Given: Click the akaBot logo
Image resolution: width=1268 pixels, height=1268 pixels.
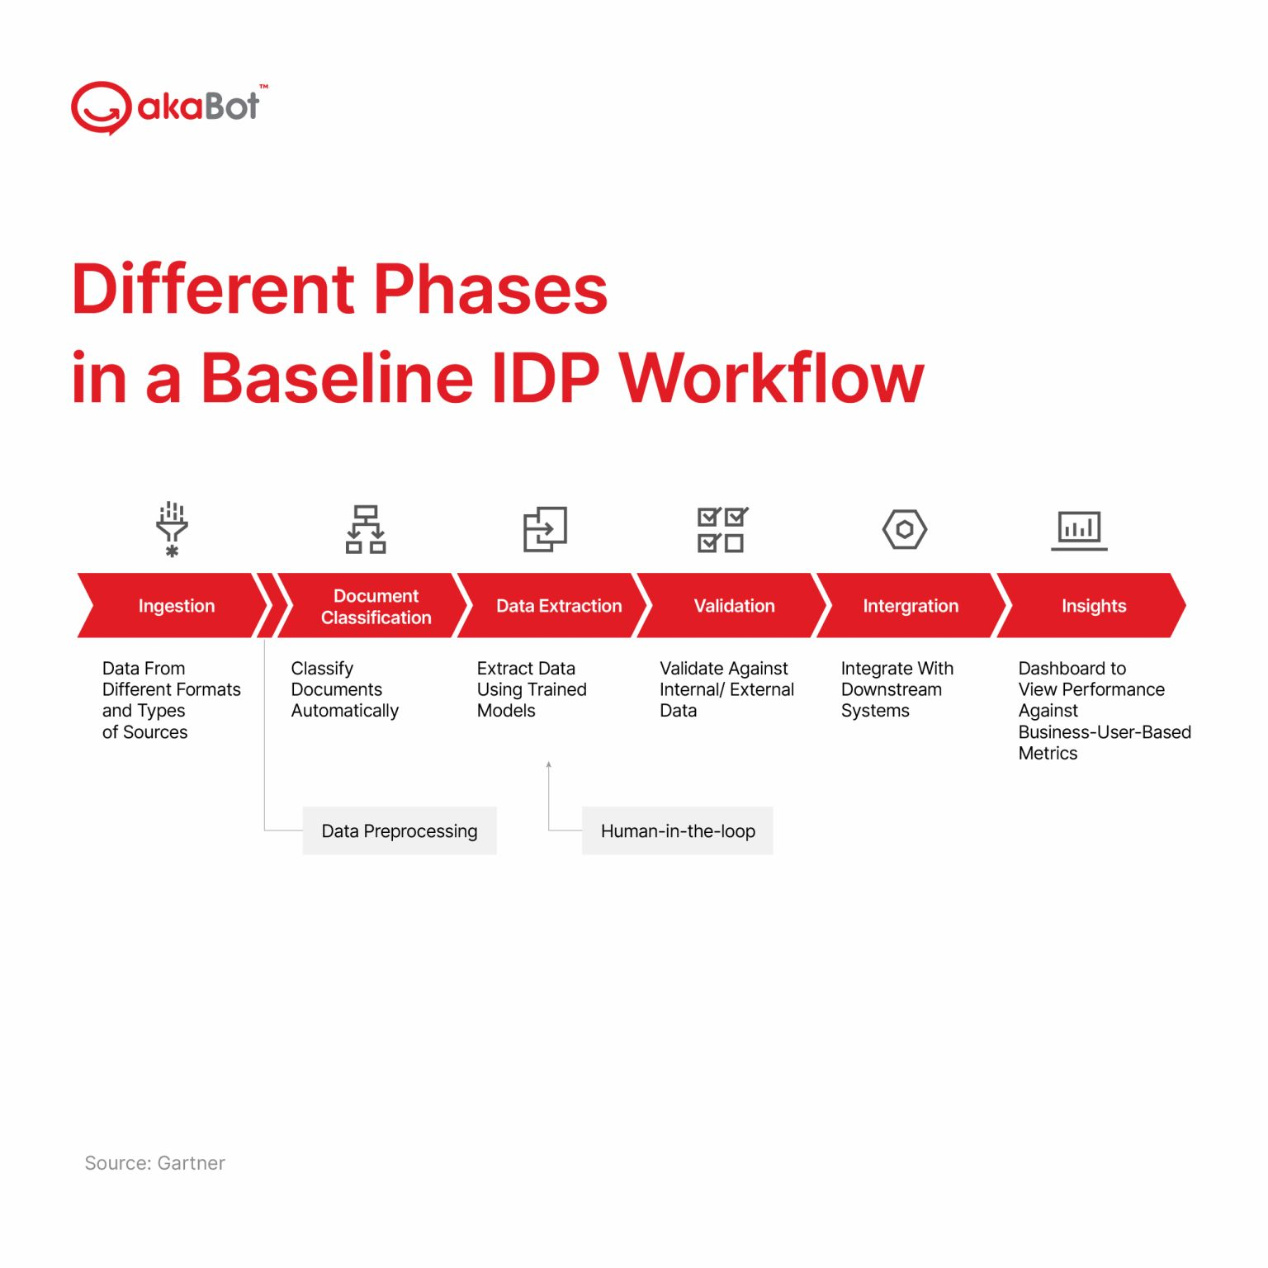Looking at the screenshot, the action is [x=169, y=107].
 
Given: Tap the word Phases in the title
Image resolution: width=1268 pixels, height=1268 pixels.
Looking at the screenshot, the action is [x=491, y=290].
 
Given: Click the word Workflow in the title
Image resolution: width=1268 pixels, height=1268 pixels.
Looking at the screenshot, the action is [x=772, y=378].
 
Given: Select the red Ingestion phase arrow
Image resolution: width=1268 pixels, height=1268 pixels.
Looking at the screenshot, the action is [x=174, y=606].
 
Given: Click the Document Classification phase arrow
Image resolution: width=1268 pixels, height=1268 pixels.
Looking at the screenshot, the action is [x=374, y=606].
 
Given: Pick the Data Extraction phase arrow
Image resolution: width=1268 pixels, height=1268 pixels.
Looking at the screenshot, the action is [x=555, y=606].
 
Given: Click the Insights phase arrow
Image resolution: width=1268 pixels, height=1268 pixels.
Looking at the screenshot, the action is [x=1092, y=606].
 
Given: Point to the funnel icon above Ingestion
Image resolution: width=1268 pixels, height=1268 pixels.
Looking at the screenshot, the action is [x=172, y=529].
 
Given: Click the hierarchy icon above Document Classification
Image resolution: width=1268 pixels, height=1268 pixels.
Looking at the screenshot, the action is [x=366, y=529].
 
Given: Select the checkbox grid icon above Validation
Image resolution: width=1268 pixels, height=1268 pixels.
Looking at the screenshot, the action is [x=722, y=529].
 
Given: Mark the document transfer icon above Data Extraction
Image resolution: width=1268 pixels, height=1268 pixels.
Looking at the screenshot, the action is [x=545, y=529].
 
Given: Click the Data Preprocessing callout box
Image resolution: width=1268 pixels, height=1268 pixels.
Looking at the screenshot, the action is [x=400, y=830].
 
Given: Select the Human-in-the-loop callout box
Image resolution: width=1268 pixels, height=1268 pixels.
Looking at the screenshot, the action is [x=678, y=830].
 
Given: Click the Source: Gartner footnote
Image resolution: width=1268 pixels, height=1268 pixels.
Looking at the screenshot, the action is [x=154, y=1163].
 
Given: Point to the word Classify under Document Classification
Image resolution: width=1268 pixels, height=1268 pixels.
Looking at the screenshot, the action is [x=322, y=669].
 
